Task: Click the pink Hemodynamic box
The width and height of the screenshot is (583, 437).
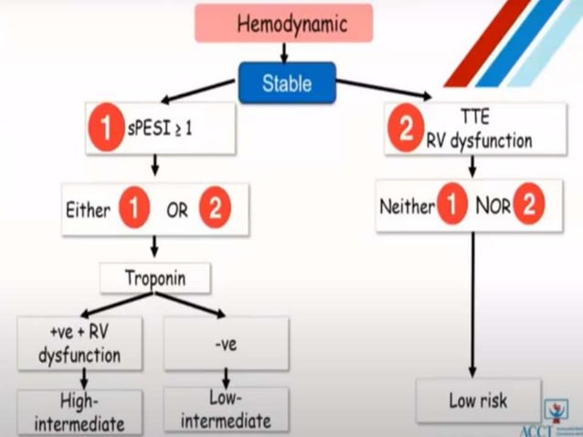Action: coord(283,23)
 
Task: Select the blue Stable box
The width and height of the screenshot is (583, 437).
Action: coord(286,83)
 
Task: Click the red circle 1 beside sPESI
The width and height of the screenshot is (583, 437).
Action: coord(106,129)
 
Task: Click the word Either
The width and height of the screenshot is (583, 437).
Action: coord(88,210)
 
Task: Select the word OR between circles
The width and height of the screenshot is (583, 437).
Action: coord(175,210)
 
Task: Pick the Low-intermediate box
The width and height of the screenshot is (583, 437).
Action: coord(226,411)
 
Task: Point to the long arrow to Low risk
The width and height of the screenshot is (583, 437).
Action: coord(472,302)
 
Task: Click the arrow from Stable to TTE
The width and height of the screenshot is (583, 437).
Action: coord(384,89)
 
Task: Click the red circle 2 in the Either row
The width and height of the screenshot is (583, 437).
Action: coord(215,210)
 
